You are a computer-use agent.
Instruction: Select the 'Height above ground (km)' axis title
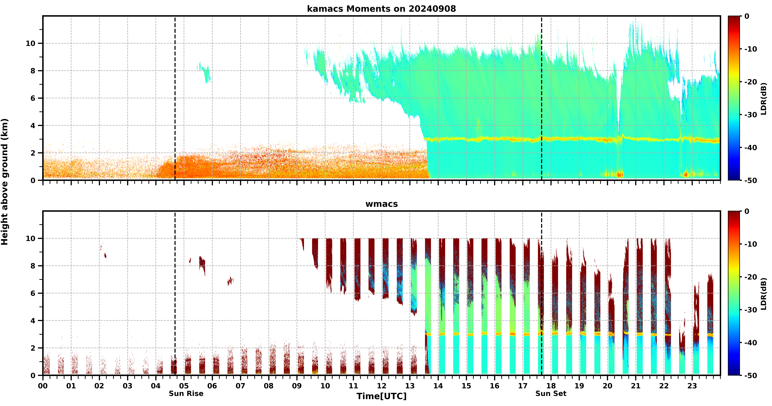[x=5, y=182]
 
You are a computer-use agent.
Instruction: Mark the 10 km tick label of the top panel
[x=31, y=43]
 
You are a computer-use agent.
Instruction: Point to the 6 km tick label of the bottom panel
[x=33, y=293]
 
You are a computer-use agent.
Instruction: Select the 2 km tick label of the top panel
[x=33, y=153]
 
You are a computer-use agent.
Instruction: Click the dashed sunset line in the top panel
[x=542, y=98]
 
